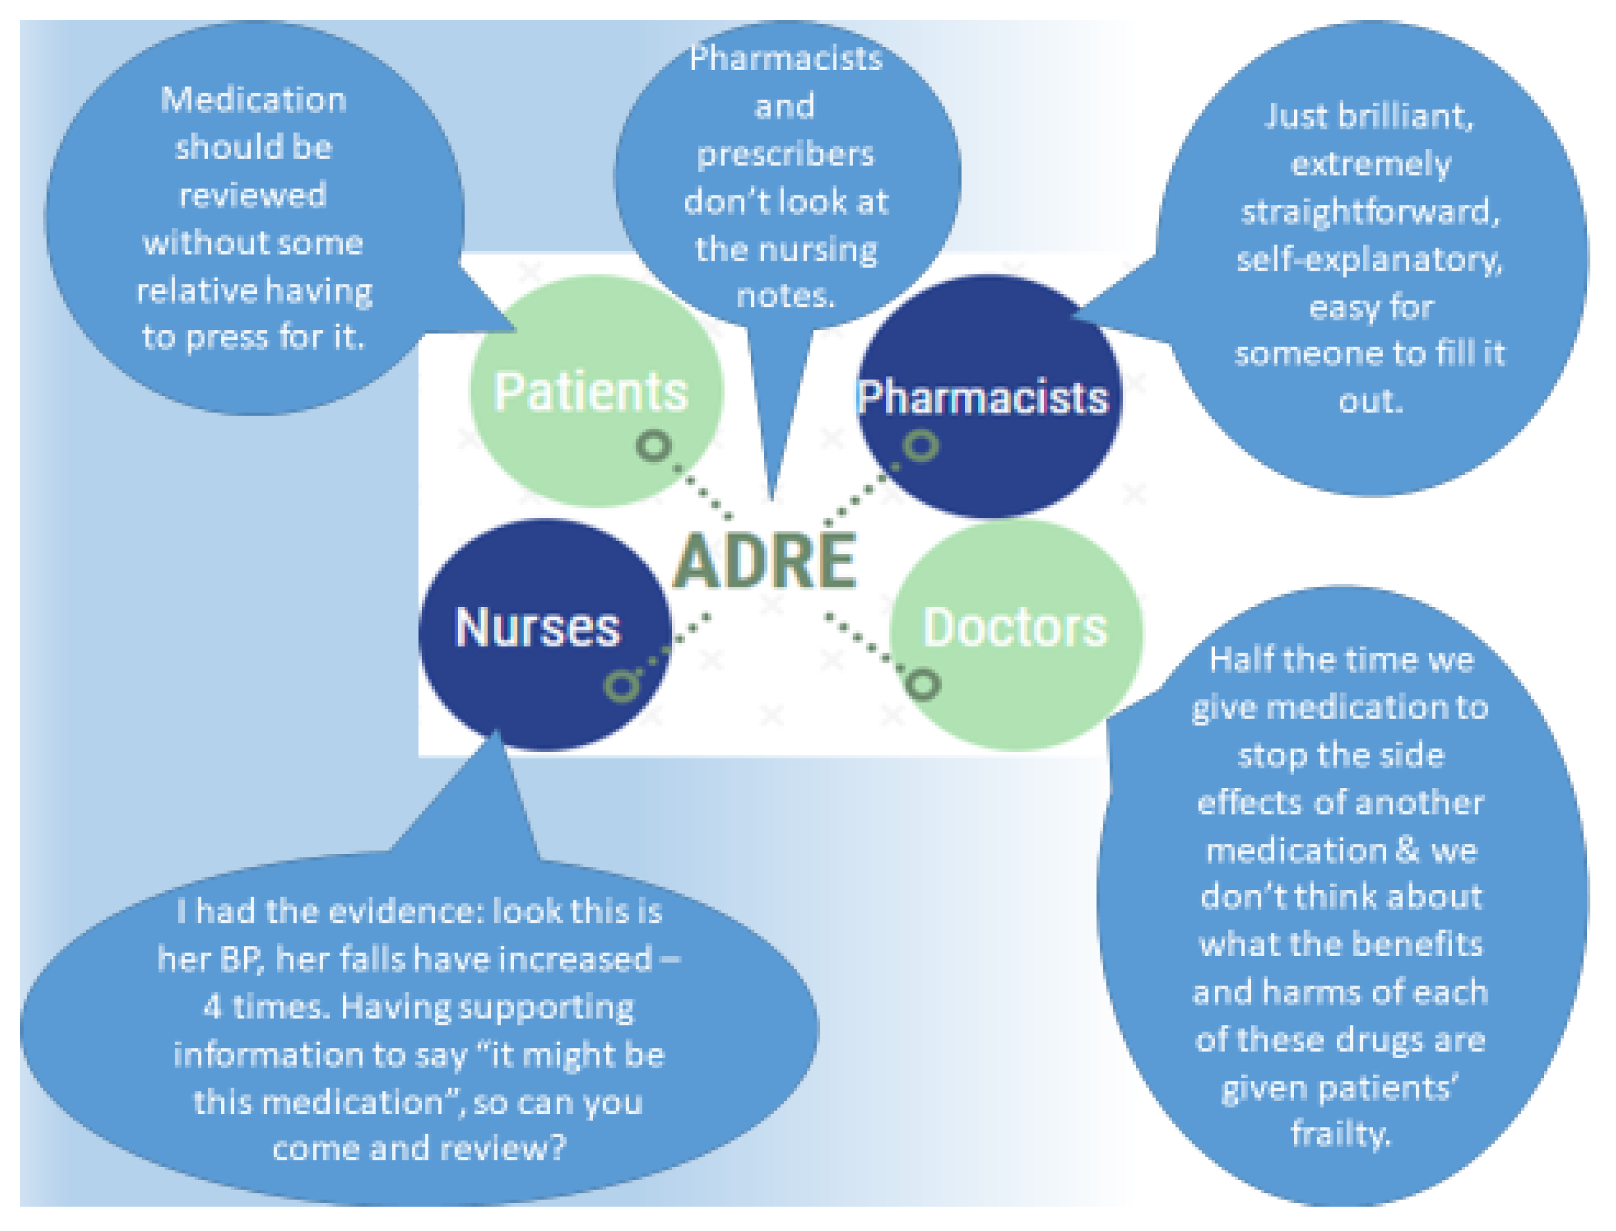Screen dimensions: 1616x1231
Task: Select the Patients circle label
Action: pyautogui.click(x=591, y=391)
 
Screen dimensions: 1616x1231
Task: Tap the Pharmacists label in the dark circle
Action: pyautogui.click(x=983, y=397)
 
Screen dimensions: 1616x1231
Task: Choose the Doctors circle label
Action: pyautogui.click(x=1015, y=627)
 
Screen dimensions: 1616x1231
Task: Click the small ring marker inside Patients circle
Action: pyautogui.click(x=654, y=445)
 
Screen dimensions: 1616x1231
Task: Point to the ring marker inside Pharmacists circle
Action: pyautogui.click(x=921, y=445)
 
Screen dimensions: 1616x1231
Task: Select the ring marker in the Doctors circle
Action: pyautogui.click(x=923, y=685)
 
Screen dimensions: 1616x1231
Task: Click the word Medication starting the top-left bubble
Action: pyautogui.click(x=253, y=100)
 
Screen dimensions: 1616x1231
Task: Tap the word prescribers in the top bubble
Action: pyautogui.click(x=785, y=154)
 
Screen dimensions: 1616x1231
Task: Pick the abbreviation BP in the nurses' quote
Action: pyautogui.click(x=241, y=959)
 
